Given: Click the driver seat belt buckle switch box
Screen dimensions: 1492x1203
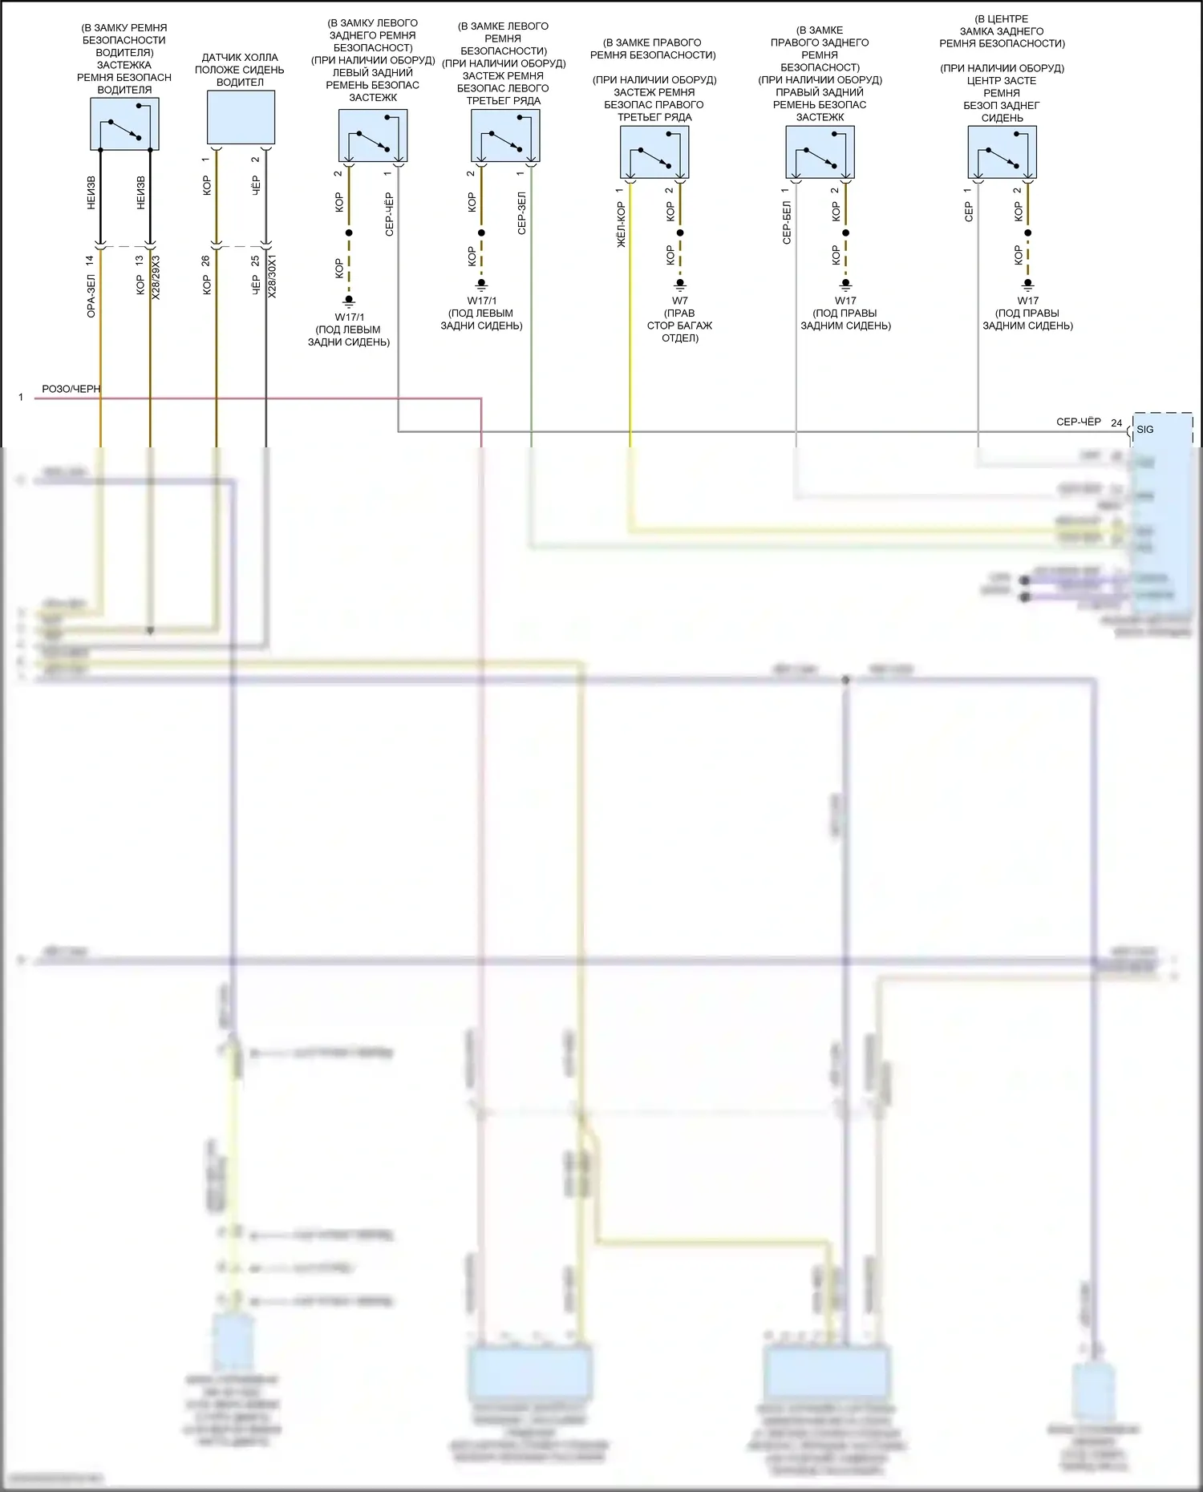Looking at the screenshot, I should (x=124, y=124).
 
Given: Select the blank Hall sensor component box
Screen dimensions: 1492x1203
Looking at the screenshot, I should (x=241, y=117).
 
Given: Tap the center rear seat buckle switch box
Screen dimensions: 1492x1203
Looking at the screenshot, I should (x=1002, y=152).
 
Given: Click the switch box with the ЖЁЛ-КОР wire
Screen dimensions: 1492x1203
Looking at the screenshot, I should (x=654, y=152).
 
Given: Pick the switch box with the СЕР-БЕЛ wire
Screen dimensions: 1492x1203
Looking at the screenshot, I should (x=820, y=152).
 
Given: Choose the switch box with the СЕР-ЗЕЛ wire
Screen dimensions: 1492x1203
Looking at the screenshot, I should (x=504, y=135).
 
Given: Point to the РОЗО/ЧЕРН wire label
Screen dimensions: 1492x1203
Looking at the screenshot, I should (x=71, y=389).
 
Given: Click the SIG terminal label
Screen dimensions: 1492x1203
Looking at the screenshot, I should (x=1145, y=430).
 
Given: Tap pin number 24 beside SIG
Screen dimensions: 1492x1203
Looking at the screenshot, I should (x=1116, y=423).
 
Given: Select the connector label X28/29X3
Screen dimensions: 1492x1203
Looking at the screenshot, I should (x=156, y=277).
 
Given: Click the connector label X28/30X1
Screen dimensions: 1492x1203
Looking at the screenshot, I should (x=272, y=277).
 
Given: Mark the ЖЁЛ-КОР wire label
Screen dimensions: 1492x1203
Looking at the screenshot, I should (x=621, y=224).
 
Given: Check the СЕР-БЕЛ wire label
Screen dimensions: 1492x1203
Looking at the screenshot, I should (x=787, y=222).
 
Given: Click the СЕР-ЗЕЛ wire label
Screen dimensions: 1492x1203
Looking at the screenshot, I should (x=521, y=212).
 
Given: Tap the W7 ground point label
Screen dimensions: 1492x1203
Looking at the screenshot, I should (x=679, y=301).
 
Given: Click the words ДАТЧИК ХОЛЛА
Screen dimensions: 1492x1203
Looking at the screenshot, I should (x=240, y=58).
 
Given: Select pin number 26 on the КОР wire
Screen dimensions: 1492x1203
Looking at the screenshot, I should (x=205, y=261).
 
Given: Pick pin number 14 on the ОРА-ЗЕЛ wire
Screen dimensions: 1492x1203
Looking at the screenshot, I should (x=90, y=261).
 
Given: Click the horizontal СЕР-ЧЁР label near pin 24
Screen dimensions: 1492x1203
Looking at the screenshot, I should (x=1078, y=422).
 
